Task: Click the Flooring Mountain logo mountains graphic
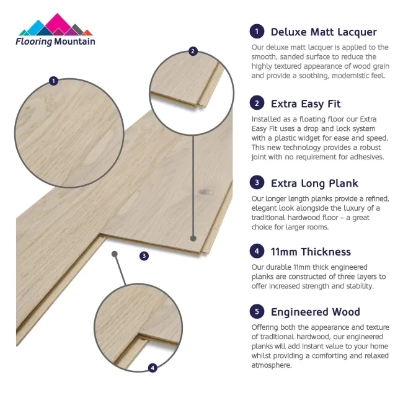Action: [56, 25]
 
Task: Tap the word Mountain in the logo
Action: [75, 42]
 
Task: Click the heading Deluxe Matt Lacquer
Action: [324, 32]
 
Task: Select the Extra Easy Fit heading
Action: [306, 104]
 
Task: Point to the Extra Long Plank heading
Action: [314, 184]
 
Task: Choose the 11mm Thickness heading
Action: [311, 252]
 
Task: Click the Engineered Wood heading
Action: [316, 312]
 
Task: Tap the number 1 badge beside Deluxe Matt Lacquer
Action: [257, 32]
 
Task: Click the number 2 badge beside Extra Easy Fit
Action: [257, 103]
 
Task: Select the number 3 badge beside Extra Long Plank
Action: [257, 182]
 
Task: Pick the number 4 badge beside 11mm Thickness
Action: [257, 251]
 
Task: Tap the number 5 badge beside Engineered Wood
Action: [257, 311]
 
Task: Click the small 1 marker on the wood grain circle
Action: [53, 81]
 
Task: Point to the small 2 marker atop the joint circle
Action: [193, 51]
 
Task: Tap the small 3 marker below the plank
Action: [144, 255]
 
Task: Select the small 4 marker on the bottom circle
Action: [153, 368]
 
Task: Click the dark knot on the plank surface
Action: [205, 192]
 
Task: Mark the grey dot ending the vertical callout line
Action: [193, 239]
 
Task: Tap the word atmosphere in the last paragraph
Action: [272, 365]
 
